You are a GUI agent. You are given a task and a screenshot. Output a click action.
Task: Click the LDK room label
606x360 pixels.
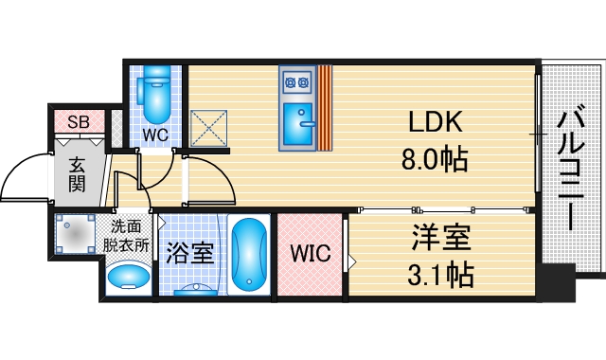point(435,122)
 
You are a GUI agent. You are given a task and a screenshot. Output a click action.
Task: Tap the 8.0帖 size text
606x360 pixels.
point(435,158)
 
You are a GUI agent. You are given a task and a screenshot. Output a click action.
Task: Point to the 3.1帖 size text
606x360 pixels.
point(440,276)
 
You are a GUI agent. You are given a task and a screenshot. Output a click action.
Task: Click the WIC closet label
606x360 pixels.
point(309,255)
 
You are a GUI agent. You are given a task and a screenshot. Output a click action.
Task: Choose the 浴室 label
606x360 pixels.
point(189,254)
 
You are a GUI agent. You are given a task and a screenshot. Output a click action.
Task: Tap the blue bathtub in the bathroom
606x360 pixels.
point(249,254)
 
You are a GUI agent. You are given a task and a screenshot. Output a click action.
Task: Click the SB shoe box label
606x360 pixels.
point(78,122)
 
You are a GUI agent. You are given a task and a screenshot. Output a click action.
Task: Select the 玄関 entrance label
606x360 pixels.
point(78,173)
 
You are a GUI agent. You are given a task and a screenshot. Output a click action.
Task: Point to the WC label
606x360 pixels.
point(155,135)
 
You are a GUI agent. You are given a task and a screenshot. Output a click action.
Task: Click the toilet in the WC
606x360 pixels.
point(154,93)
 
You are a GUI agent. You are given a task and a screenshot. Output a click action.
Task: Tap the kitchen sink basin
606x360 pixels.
point(300,123)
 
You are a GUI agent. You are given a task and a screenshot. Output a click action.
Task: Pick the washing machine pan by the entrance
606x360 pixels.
point(75,235)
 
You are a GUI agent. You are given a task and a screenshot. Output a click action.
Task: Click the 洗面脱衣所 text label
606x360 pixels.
point(127,235)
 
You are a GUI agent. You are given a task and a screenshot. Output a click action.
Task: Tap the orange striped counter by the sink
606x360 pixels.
point(325,108)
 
